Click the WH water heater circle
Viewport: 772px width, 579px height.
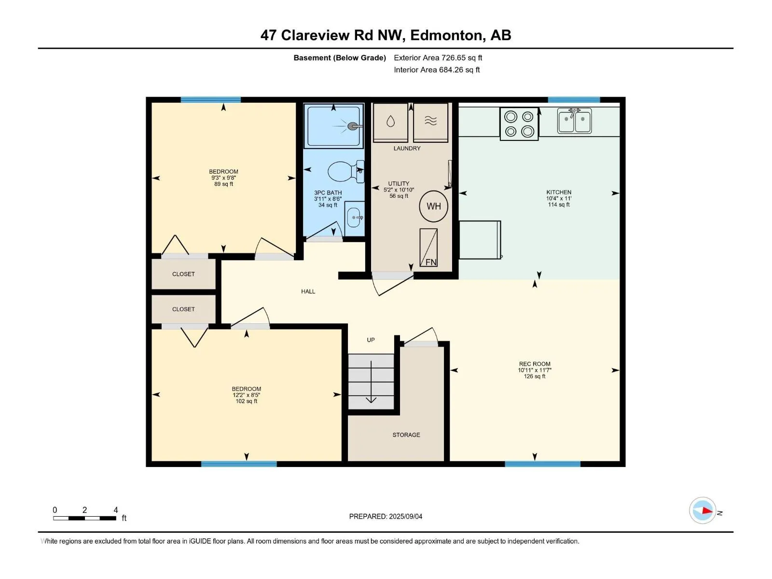pos(433,207)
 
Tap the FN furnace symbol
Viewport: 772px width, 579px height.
pos(428,248)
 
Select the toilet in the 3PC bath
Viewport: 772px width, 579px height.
pos(346,172)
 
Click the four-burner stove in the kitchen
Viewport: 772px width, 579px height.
pos(519,124)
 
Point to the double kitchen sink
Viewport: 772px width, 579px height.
pos(574,121)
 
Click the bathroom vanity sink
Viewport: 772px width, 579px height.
pos(354,218)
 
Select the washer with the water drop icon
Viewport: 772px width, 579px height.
pos(390,122)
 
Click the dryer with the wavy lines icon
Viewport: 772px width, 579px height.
pos(430,122)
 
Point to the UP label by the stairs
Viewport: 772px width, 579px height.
pos(371,340)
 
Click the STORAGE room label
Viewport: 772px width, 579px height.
pos(406,435)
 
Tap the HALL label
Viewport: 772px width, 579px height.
pos(308,291)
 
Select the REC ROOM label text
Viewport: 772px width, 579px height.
pos(535,364)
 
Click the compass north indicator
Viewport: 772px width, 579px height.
pos(703,510)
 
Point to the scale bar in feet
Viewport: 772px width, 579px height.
pos(85,518)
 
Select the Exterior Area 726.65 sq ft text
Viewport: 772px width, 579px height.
pos(438,57)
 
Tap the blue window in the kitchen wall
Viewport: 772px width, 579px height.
pos(574,100)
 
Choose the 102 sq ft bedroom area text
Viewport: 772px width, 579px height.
pos(246,401)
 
